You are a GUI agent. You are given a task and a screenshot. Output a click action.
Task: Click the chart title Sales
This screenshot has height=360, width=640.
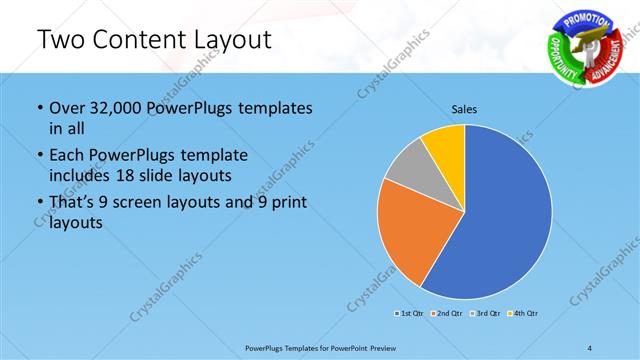point(464,108)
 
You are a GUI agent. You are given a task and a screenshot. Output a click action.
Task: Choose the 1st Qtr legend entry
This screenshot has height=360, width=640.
point(409,314)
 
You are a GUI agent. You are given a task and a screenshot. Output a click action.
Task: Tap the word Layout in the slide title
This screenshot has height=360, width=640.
point(226,40)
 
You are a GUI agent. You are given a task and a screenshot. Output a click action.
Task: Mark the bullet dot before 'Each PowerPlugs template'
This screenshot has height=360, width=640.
point(38,156)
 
